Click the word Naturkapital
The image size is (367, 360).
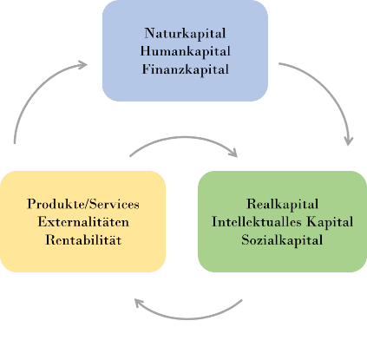pyautogui.click(x=185, y=34)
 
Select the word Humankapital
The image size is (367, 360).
pyautogui.click(x=185, y=51)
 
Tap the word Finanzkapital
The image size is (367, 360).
pyautogui.click(x=186, y=69)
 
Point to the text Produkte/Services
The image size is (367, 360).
pyautogui.click(x=83, y=204)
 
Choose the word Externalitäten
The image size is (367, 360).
pyautogui.click(x=83, y=222)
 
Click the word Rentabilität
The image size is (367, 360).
pyautogui.click(x=83, y=240)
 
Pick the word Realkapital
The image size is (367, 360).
pyautogui.click(x=283, y=204)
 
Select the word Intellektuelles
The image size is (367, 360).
pyautogui.click(x=257, y=222)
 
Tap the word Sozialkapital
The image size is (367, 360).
pyautogui.click(x=282, y=240)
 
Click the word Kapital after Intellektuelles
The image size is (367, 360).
pyautogui.click(x=330, y=222)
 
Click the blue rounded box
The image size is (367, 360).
pyautogui.click(x=185, y=50)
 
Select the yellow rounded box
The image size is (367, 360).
pyautogui.click(x=82, y=221)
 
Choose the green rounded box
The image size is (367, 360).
pyautogui.click(x=282, y=221)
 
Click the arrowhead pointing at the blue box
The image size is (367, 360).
pyautogui.click(x=83, y=65)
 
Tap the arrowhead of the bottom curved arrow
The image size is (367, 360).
pyautogui.click(x=139, y=303)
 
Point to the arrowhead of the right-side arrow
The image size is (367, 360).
pyautogui.click(x=349, y=141)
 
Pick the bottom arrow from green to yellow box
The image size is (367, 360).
pyautogui.click(x=188, y=319)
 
